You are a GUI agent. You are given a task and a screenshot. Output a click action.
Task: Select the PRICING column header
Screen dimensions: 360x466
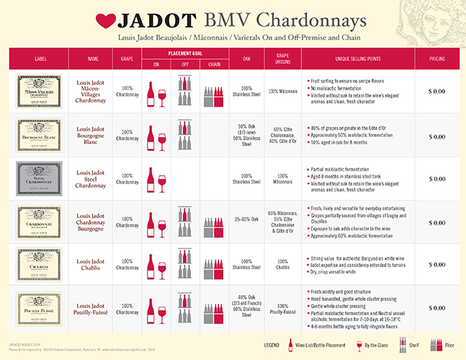point(436,58)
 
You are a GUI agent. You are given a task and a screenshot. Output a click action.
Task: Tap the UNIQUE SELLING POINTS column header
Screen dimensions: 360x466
point(358,58)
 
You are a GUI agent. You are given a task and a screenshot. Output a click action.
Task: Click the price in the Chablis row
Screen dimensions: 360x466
point(436,266)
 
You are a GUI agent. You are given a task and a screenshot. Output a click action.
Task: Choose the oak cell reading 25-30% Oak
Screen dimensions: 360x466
point(246,222)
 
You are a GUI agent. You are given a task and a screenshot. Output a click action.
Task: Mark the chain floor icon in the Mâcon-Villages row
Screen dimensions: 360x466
point(214,96)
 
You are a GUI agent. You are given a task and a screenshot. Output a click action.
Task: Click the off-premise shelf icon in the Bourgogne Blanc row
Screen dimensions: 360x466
point(185,134)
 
